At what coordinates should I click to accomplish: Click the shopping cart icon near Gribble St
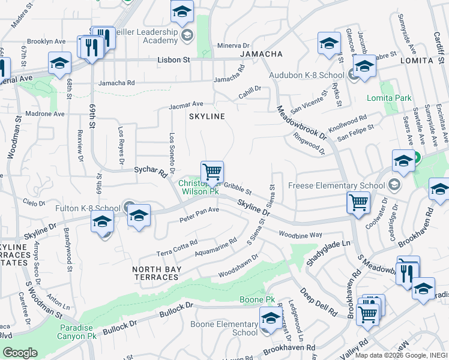pos(212,172)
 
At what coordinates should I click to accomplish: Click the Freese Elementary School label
pos(338,185)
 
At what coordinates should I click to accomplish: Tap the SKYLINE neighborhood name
pos(207,116)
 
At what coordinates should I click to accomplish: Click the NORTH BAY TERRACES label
pos(156,273)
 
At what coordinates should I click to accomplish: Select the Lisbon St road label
pos(173,61)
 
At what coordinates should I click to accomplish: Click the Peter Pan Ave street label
pos(199,214)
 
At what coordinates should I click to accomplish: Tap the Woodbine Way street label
pos(301,234)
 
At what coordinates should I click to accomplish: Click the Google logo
pos(20,353)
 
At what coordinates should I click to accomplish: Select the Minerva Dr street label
pos(233,46)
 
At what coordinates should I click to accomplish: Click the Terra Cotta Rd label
pos(177,247)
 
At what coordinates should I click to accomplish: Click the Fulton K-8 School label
pos(88,208)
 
